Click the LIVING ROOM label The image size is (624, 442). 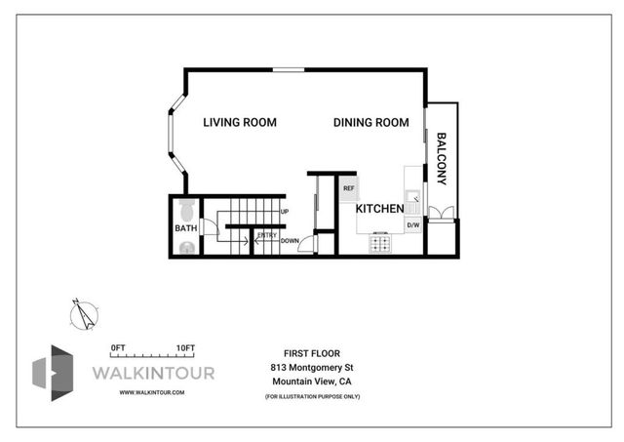(x=240, y=123)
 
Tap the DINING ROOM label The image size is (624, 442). (x=370, y=123)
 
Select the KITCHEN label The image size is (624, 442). (x=379, y=209)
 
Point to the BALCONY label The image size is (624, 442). (x=442, y=159)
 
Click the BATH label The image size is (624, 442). (x=185, y=228)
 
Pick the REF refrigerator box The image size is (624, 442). (x=348, y=187)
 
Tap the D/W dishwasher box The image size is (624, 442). (x=412, y=226)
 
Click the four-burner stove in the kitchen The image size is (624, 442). (x=379, y=244)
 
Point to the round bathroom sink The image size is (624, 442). (x=186, y=247)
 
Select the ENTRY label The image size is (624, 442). (x=266, y=235)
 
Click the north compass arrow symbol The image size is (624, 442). (x=83, y=313)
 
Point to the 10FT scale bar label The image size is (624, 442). (x=185, y=348)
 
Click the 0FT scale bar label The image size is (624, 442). (x=119, y=348)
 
